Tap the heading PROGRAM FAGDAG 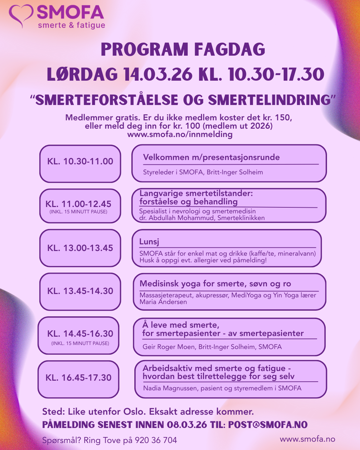[x=183, y=50]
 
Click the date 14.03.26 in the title [x=158, y=75]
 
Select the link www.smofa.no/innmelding [x=180, y=134]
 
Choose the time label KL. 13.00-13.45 [x=80, y=248]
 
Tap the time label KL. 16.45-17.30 [x=78, y=378]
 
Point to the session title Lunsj [x=149, y=242]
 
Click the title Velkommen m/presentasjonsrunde [x=211, y=157]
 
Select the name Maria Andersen [x=163, y=302]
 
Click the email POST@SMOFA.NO [x=268, y=425]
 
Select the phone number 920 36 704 [x=156, y=440]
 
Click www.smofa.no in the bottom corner [x=307, y=439]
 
